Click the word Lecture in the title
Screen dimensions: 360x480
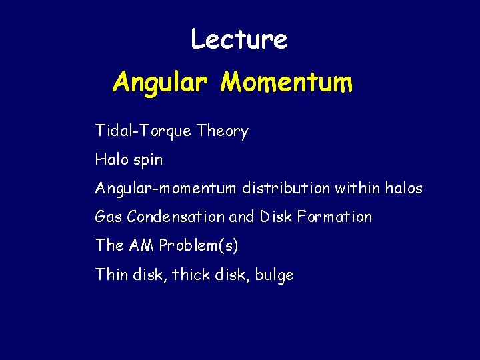point(239,39)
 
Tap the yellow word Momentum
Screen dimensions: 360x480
point(287,83)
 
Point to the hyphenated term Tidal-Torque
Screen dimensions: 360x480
point(143,132)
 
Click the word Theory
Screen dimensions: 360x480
point(223,131)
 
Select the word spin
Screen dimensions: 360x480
point(148,161)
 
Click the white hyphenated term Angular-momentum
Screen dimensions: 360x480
point(165,189)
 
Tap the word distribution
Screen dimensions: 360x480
point(285,189)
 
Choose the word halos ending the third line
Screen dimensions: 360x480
point(404,189)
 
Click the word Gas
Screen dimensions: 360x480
point(108,217)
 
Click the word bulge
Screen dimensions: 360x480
point(273,275)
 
